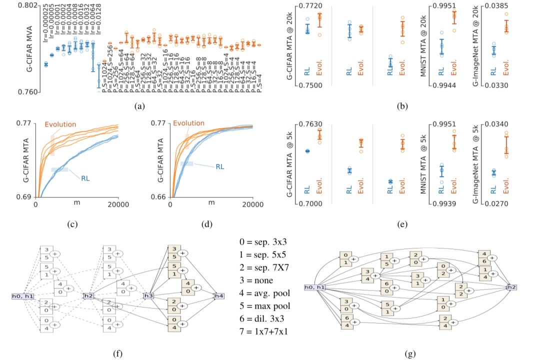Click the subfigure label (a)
[139, 105]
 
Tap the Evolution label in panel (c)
[61, 124]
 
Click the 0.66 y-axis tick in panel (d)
[161, 197]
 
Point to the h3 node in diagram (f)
[148, 296]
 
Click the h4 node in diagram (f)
[218, 296]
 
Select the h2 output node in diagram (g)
[511, 287]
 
